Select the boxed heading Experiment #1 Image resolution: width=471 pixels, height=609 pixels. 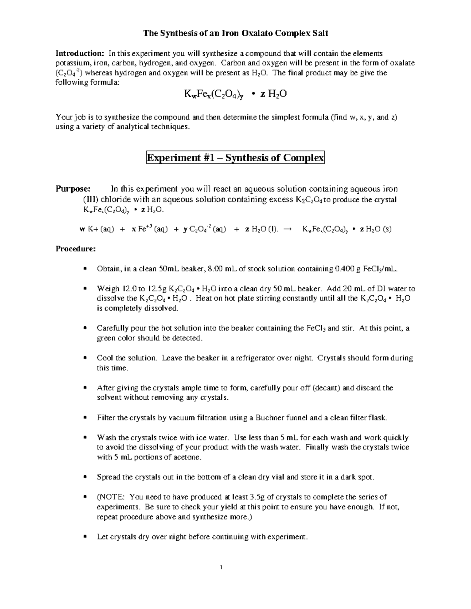click(235, 158)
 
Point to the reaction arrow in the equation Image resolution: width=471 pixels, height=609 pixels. click(287, 229)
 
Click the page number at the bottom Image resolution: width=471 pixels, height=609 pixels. click(222, 567)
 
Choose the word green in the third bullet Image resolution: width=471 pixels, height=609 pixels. click(105, 338)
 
